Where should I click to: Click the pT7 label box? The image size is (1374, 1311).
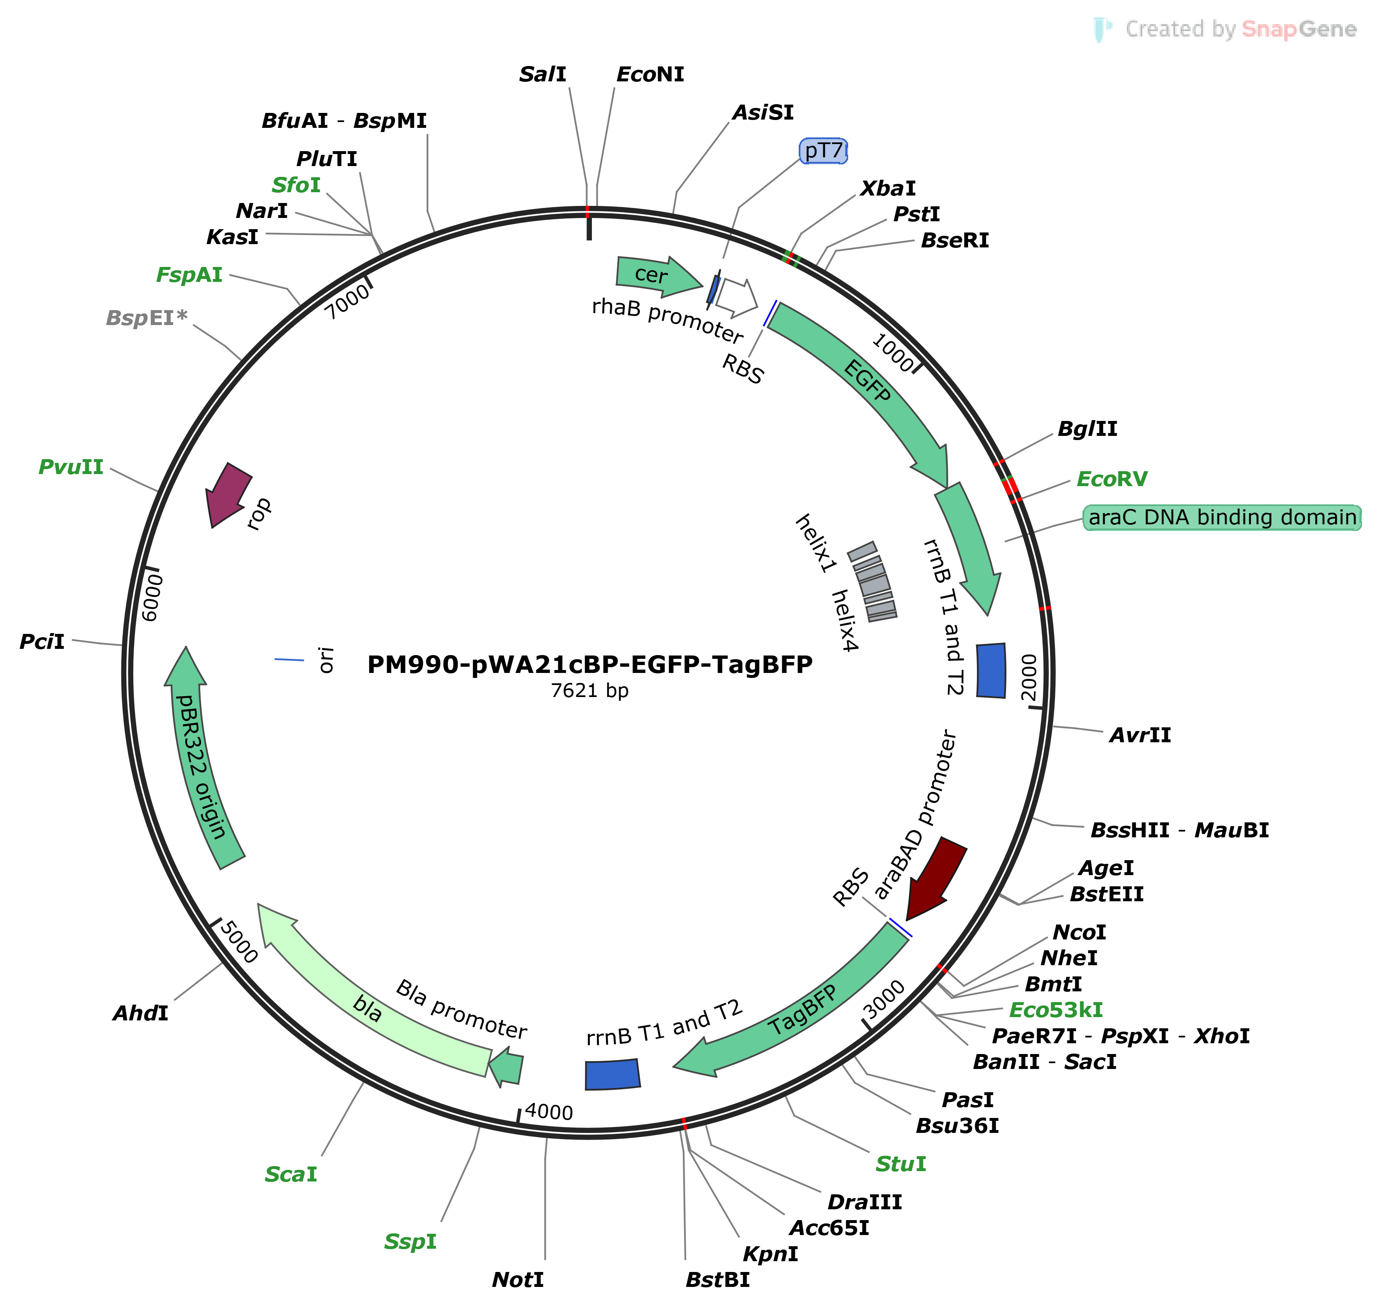pos(823,151)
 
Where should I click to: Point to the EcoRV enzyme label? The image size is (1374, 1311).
pos(1111,479)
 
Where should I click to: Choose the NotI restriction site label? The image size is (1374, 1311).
pos(518,1279)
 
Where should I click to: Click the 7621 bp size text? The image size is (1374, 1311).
pos(589,690)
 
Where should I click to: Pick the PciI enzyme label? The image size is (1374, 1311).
pos(42,641)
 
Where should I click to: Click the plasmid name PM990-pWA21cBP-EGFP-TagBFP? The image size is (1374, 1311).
pos(589,664)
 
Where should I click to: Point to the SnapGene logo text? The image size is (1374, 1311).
pos(1298,29)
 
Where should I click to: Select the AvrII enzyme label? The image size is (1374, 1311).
pos(1140,735)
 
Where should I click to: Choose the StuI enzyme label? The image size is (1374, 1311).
pos(900,1164)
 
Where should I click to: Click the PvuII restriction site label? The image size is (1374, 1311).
pos(71,467)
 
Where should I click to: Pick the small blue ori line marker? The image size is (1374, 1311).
pos(289,659)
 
